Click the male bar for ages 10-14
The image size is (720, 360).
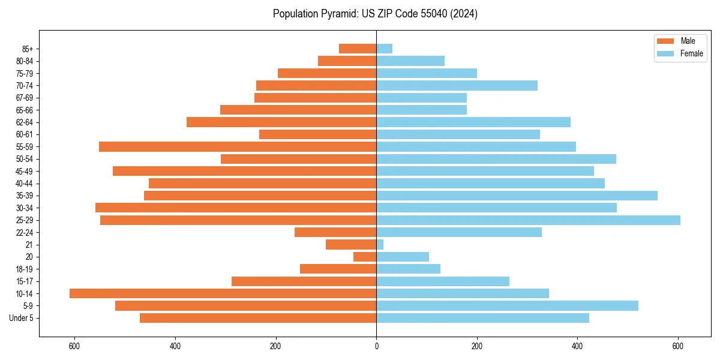pyautogui.click(x=223, y=293)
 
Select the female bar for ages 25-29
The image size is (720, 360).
pyautogui.click(x=528, y=220)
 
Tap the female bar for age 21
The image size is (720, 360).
pyautogui.click(x=380, y=245)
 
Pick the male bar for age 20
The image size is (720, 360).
pyautogui.click(x=365, y=257)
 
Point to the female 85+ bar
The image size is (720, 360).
pyautogui.click(x=384, y=49)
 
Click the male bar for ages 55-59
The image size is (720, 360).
pyautogui.click(x=238, y=146)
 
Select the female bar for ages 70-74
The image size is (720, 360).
pyautogui.click(x=457, y=85)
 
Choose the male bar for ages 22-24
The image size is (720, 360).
pyautogui.click(x=335, y=232)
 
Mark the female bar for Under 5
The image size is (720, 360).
pyautogui.click(x=482, y=318)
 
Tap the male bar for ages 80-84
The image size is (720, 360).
pyautogui.click(x=347, y=61)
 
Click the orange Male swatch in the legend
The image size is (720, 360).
pyautogui.click(x=665, y=41)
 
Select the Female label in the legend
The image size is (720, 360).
pyautogui.click(x=692, y=53)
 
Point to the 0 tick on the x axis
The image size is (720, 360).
pyautogui.click(x=376, y=347)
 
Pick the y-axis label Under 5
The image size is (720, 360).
pyautogui.click(x=22, y=318)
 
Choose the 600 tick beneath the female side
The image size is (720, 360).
pyautogui.click(x=678, y=347)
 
